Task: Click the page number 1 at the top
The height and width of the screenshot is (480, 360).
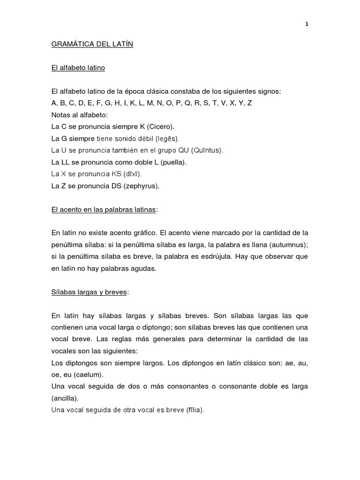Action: point(307,24)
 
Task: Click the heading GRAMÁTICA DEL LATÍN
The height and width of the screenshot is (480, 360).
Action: point(92,45)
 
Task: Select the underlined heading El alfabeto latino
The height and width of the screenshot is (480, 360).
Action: point(78,68)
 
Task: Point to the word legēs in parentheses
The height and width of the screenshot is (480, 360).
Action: point(167,139)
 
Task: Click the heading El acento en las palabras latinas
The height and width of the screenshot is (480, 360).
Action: point(103,210)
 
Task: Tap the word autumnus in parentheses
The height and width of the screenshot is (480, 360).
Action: point(289,245)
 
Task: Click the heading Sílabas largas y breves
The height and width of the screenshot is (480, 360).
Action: point(89,292)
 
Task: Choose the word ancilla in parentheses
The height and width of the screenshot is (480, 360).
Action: point(65,398)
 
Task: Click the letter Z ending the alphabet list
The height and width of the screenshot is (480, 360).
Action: point(249,103)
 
